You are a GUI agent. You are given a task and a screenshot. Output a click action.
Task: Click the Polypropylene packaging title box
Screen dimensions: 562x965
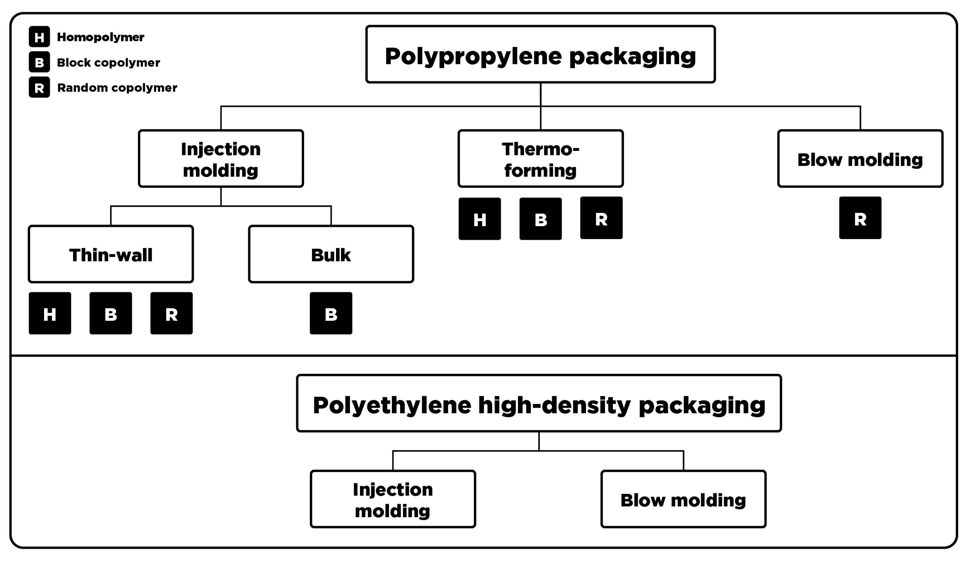[x=540, y=54]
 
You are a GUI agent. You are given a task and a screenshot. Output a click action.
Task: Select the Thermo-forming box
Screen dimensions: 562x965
[x=540, y=159]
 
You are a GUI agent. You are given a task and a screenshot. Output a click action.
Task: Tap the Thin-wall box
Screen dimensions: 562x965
[x=111, y=254]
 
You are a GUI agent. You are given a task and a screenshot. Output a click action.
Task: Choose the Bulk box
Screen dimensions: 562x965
[x=331, y=254]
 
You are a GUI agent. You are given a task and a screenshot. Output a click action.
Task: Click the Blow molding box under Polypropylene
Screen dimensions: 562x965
[x=860, y=159]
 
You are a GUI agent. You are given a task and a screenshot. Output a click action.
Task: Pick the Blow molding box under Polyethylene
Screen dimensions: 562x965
[x=683, y=499]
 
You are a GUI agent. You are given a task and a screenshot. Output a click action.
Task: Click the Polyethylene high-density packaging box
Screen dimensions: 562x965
[x=539, y=403]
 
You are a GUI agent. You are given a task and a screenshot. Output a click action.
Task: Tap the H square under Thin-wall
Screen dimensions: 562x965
[x=50, y=313]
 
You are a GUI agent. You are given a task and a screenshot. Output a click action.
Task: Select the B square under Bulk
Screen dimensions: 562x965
[x=331, y=313]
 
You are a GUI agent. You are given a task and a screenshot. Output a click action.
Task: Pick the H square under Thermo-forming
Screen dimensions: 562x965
[x=480, y=219]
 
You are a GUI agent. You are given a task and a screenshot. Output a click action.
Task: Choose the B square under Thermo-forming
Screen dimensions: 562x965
[x=540, y=219]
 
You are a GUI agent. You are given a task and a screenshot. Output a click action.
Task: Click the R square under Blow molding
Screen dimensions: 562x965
[x=860, y=218]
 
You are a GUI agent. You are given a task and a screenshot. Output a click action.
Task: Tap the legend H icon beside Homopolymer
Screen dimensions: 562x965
[x=39, y=37]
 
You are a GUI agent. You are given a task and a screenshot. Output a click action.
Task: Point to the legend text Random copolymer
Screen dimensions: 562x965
[x=117, y=88]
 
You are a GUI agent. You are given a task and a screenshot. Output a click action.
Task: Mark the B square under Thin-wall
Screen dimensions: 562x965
[x=111, y=313]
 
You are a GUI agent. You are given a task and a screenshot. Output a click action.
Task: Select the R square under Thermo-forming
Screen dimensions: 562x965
[x=601, y=218]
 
